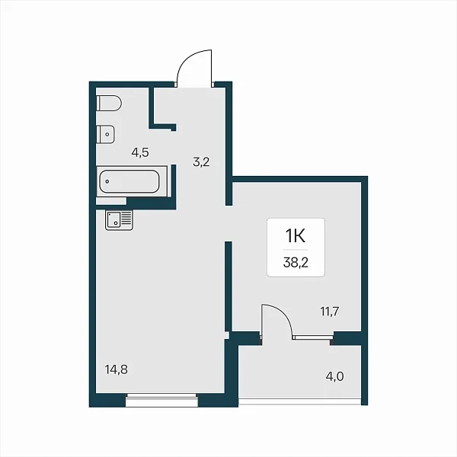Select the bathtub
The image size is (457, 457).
coord(129,181)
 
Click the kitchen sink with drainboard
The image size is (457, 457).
coord(119,220)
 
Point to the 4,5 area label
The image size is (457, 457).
coord(140,152)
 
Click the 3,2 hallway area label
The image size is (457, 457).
coord(201,161)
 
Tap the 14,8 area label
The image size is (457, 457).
coord(117,369)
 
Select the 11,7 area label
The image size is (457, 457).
coord(330,312)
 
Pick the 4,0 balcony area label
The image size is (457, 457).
coord(334,376)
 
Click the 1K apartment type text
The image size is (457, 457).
coord(296,235)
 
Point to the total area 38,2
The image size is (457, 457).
coord(296,263)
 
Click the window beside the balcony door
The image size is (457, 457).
coord(313,337)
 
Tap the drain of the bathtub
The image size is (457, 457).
coord(107,181)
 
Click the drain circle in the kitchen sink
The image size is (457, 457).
coord(116,223)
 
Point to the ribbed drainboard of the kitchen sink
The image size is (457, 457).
coord(126,219)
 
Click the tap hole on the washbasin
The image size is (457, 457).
coord(107,134)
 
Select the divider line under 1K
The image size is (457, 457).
coord(296,250)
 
